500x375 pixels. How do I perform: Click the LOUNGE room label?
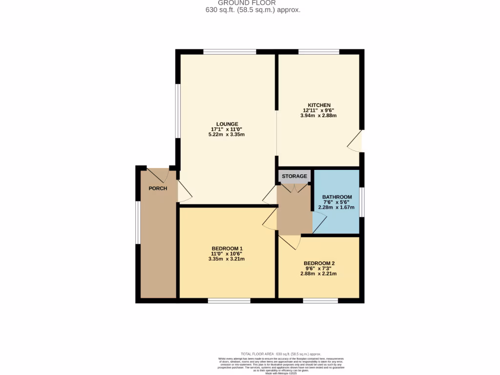pos(228,124)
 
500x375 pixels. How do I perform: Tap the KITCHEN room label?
pos(319,105)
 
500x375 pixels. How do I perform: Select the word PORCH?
pos(158,188)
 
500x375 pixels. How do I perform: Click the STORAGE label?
pos(294,176)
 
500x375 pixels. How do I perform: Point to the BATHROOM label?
pos(336,197)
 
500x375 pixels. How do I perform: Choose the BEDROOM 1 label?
pos(227,248)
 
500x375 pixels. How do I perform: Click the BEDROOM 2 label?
pos(319,263)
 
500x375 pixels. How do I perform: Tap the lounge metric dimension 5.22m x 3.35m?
pos(227,134)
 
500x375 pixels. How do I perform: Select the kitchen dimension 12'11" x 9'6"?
pos(319,110)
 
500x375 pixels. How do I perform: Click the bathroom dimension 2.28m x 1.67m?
pos(336,208)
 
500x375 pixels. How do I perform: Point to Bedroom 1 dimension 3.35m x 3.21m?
pos(227,259)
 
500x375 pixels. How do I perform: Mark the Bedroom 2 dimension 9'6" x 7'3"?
pos(319,268)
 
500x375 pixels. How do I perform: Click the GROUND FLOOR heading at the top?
pos(253,3)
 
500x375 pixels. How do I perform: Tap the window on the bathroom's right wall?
pos(362,201)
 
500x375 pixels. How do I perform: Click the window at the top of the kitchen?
pos(319,52)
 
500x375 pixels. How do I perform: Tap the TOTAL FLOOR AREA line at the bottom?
pos(281,354)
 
